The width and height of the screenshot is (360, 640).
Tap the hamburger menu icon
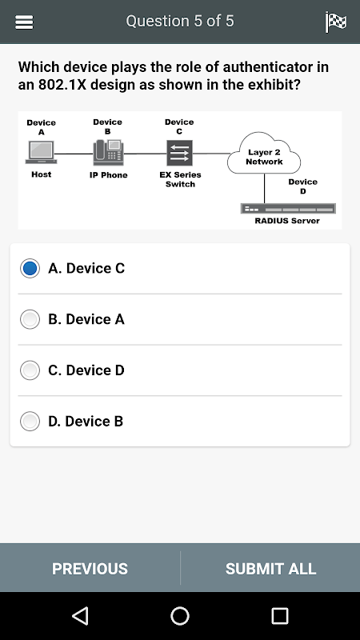(24, 22)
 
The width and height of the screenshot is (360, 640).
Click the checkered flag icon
(336, 22)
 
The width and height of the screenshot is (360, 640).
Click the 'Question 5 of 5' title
(180, 22)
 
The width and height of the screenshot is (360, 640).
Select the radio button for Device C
(30, 268)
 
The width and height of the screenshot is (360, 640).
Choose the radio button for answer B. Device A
(30, 319)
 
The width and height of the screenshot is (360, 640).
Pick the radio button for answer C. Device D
(30, 370)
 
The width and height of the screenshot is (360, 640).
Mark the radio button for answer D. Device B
(30, 422)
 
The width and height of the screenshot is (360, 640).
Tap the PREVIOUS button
(90, 569)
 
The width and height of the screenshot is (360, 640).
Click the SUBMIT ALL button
(270, 569)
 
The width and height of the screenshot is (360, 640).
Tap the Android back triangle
(81, 615)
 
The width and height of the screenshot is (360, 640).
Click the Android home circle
(180, 616)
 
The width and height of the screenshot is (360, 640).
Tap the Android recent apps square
(280, 616)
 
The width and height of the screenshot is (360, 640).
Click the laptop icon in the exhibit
(41, 152)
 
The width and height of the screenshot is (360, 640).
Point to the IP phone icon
(108, 152)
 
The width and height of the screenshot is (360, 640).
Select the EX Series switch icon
(179, 153)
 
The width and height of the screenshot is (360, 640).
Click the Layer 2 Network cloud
(264, 154)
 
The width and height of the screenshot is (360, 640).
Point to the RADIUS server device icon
(288, 209)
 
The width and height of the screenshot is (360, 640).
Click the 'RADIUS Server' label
(287, 221)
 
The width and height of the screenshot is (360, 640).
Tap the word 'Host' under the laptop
(42, 174)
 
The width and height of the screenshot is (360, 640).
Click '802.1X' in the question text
(62, 85)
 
